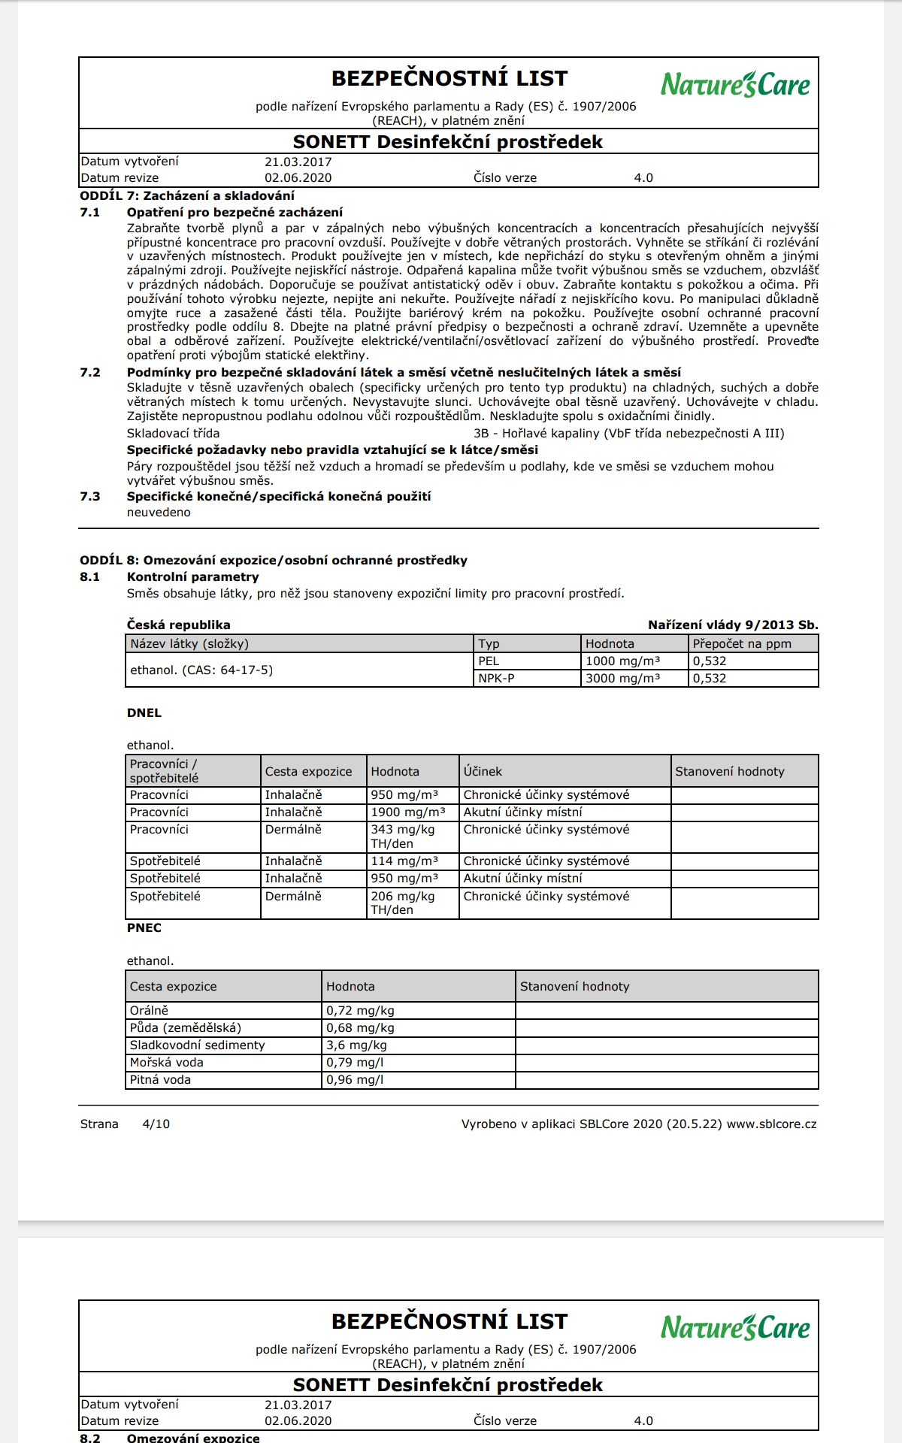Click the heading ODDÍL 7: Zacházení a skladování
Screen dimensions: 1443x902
(187, 196)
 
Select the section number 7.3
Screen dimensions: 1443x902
(90, 497)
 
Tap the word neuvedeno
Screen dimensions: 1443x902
(159, 513)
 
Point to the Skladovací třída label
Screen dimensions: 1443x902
(174, 434)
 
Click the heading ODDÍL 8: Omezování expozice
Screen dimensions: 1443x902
(274, 561)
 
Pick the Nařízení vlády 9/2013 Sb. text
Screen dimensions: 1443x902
(733, 625)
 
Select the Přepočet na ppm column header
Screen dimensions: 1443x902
(742, 644)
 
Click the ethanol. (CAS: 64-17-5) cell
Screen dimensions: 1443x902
(201, 670)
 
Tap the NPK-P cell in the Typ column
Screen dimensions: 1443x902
(497, 679)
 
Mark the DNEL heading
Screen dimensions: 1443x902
(144, 713)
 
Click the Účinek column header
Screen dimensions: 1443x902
(483, 772)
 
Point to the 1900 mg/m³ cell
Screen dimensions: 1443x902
(408, 812)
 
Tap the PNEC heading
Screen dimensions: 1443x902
(144, 928)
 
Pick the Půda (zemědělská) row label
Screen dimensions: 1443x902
(186, 1028)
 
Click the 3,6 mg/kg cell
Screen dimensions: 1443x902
(356, 1045)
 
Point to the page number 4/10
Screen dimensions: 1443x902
(156, 1124)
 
